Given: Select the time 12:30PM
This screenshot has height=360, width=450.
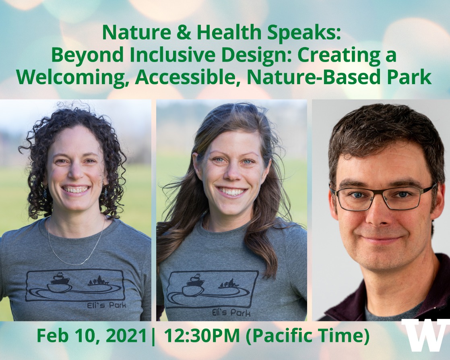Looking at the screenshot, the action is click(x=202, y=335).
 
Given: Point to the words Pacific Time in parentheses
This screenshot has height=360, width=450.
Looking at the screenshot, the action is click(x=308, y=336).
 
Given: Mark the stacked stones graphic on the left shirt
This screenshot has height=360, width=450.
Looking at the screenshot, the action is click(x=60, y=283).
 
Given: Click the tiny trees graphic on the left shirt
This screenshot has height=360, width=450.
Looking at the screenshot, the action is click(x=98, y=281).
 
